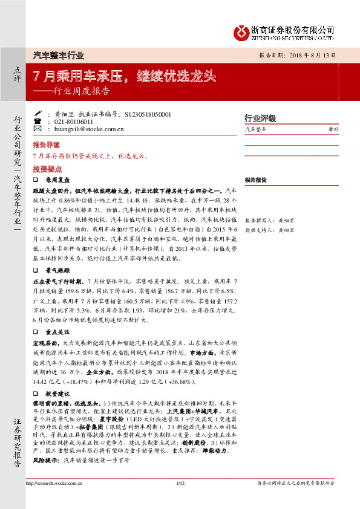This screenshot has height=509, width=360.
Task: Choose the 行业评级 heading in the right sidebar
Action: [260, 118]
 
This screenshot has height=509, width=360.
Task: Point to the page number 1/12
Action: [180, 483]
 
